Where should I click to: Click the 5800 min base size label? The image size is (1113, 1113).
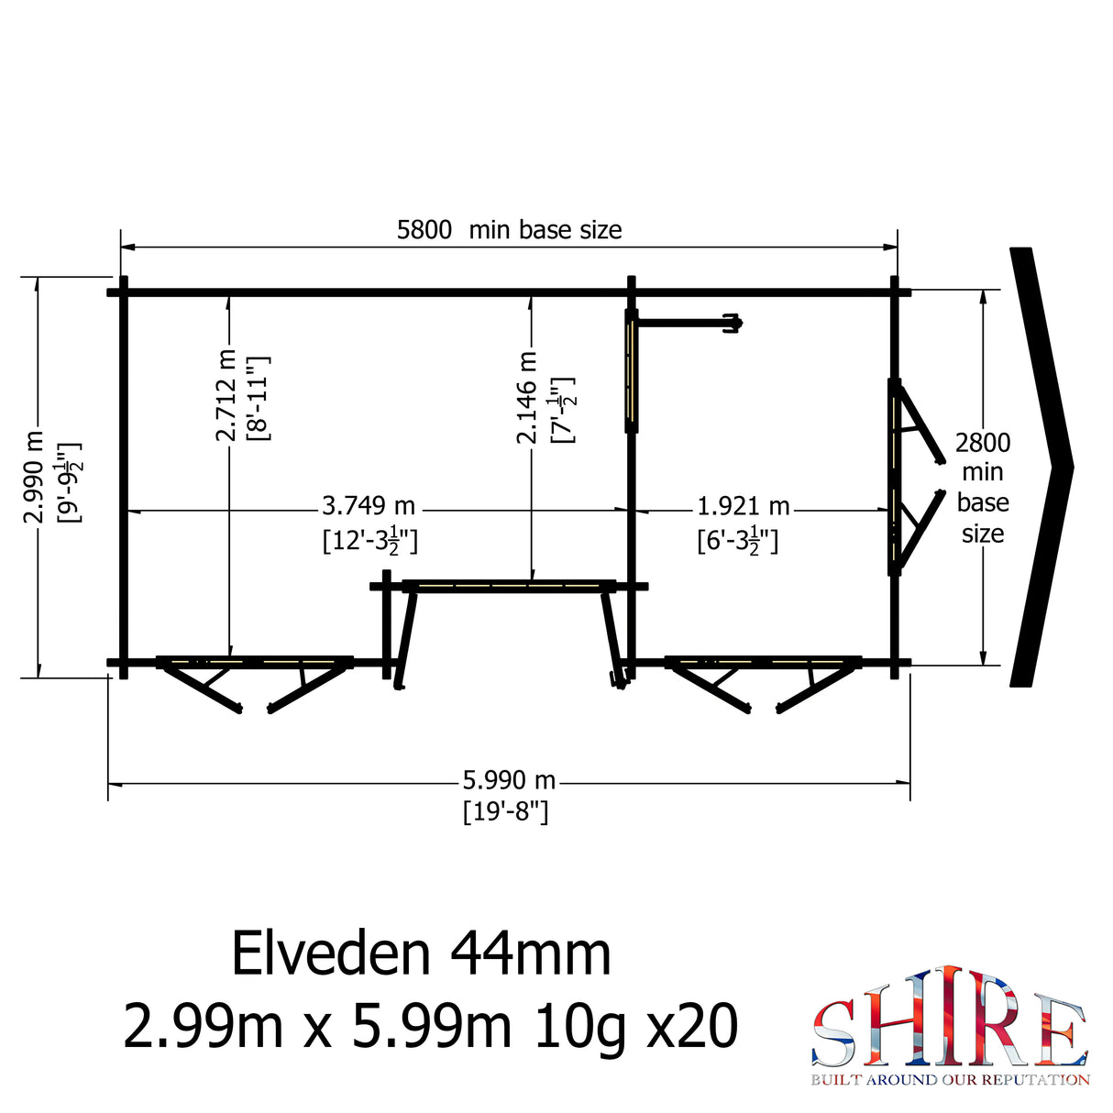point(509,229)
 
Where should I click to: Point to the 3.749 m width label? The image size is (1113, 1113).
point(369,506)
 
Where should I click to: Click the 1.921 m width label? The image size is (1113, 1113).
point(743,506)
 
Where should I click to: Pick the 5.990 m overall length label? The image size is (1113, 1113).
point(509,780)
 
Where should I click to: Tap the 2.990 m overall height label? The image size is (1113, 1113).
point(33,477)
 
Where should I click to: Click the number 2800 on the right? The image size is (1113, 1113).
point(983,443)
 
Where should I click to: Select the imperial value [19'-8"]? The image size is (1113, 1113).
point(505,811)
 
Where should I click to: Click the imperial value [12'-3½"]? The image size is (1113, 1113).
point(369,540)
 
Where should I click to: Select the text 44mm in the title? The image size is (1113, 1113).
point(530,953)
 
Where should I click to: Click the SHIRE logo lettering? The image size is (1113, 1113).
point(949,1019)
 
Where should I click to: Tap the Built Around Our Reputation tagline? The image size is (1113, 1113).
point(950,1080)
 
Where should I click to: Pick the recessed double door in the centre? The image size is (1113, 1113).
point(509,623)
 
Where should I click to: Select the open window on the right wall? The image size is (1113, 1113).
point(912,477)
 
